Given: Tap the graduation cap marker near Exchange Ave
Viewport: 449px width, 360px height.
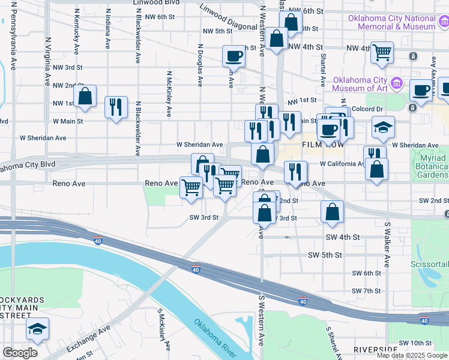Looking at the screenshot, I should pos(37,329).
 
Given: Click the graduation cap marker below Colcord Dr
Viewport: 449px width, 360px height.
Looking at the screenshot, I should pos(383,127).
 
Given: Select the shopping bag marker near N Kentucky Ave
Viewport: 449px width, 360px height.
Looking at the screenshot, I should pos(85,97).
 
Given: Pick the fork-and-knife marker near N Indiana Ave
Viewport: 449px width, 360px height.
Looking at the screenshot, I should pos(115,108).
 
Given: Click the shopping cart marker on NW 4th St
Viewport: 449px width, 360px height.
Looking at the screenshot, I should pos(382,53).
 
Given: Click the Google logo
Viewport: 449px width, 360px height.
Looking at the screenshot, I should pos(20,353).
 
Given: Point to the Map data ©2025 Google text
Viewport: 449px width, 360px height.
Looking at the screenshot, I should pos(412,355).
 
